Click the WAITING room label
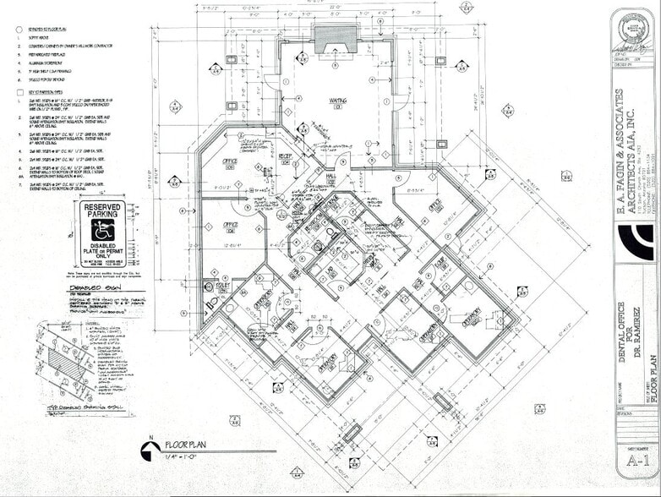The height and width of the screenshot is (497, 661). tap(339, 101)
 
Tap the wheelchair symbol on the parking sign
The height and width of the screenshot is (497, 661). tap(101, 230)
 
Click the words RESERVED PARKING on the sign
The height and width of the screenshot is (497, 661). tap(101, 211)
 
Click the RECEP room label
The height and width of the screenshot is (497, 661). tap(285, 156)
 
